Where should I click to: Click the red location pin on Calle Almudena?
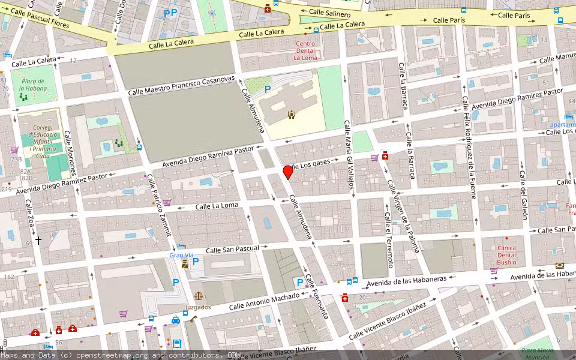(x=288, y=172)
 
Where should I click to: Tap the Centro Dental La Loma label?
(x=305, y=50)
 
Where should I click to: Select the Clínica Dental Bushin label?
(x=506, y=254)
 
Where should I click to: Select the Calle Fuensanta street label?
(x=316, y=295)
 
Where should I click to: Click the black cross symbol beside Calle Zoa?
(x=38, y=240)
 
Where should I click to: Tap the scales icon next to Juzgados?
(x=197, y=296)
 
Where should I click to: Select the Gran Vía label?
(x=181, y=255)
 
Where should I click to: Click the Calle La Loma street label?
(x=217, y=206)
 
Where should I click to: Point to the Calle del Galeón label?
(x=523, y=195)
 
